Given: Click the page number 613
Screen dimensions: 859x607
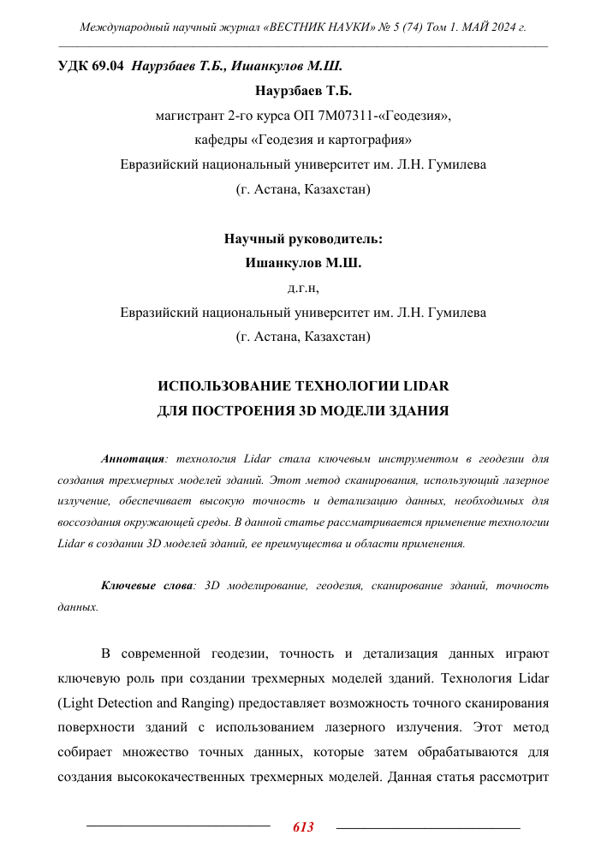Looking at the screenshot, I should coord(303,826).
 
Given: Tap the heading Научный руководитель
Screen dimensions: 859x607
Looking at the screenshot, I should coord(303,239).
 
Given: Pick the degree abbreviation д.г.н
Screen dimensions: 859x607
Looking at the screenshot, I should coord(303,288).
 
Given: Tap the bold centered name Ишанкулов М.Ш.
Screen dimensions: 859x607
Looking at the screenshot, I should coord(303,263).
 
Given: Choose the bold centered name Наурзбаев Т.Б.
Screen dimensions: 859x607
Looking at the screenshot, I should coord(303,90).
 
